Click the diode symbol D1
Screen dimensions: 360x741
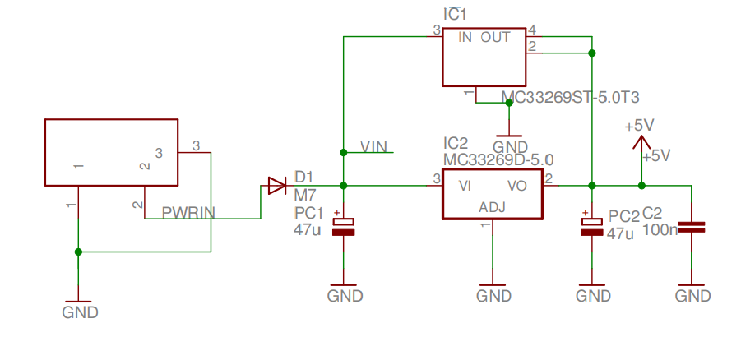(275, 187)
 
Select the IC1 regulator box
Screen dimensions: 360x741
(485, 57)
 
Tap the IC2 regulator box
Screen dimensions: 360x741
(492, 194)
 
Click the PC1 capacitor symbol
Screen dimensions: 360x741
(343, 227)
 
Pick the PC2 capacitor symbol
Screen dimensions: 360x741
(592, 227)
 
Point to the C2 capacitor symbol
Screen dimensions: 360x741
(692, 227)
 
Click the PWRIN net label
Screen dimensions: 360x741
(188, 213)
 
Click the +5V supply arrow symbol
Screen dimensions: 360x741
(641, 142)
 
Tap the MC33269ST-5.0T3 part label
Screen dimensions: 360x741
(570, 97)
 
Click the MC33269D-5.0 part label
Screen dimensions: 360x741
(498, 159)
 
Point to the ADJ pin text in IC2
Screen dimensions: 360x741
(492, 209)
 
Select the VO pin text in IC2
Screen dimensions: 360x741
(516, 186)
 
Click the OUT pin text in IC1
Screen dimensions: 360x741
(495, 37)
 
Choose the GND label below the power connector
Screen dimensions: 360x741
(80, 312)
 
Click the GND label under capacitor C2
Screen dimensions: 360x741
(692, 296)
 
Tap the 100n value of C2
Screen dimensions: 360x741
(659, 229)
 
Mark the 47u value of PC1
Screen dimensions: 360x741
(308, 229)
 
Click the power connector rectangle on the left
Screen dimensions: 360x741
(111, 152)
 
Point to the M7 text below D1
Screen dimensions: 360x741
(304, 194)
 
